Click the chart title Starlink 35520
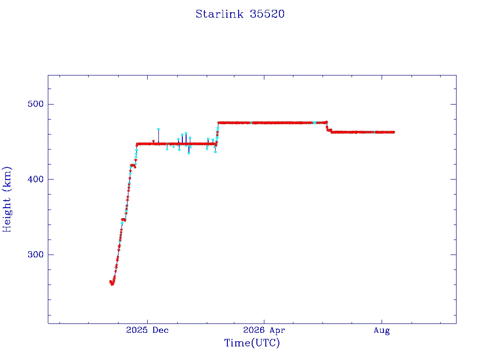tap(240, 14)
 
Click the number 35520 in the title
tap(267, 14)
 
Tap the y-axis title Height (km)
tap(7, 199)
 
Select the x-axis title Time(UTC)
tap(252, 343)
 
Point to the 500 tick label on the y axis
tap(36, 104)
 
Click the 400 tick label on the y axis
tap(36, 179)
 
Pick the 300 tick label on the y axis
tap(36, 255)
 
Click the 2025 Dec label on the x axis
tap(147, 330)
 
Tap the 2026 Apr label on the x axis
tap(264, 330)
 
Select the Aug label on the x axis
tap(382, 330)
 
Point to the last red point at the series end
tap(393, 132)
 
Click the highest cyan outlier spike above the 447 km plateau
tap(158, 129)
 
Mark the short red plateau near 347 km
tap(124, 219)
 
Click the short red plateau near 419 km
tap(133, 165)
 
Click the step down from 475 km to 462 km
tap(328, 128)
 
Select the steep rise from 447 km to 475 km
tap(217, 133)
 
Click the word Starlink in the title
tap(219, 14)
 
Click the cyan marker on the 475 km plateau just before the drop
tap(315, 123)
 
